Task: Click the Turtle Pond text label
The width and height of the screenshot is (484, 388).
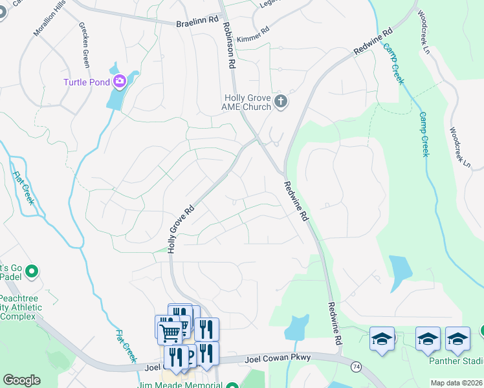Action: tap(87, 82)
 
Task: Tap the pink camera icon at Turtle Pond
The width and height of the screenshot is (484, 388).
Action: tap(119, 81)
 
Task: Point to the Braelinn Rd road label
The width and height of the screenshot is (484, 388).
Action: tap(195, 23)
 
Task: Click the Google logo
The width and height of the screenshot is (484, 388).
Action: tap(21, 380)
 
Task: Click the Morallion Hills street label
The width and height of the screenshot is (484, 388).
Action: tap(50, 23)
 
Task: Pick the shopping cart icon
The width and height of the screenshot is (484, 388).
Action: tap(170, 332)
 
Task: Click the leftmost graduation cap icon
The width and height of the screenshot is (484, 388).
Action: tap(382, 339)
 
